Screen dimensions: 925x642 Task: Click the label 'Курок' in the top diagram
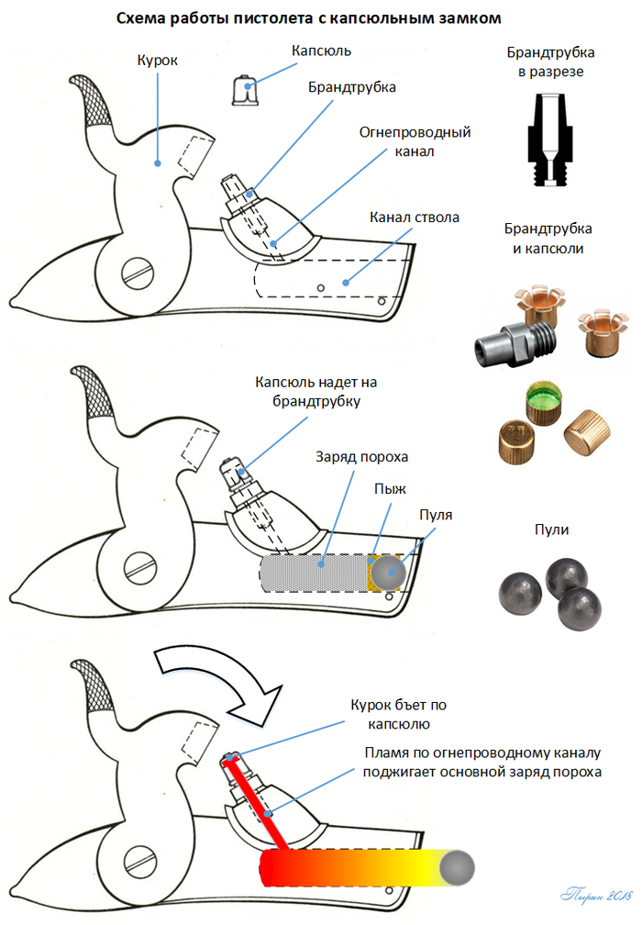click(x=158, y=60)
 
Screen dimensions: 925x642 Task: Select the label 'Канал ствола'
click(x=414, y=217)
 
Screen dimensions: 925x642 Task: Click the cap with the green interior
click(x=541, y=401)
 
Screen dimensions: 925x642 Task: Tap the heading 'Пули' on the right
click(x=552, y=529)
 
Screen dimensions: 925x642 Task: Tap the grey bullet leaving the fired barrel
click(x=456, y=866)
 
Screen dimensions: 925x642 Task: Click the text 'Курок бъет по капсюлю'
click(x=398, y=714)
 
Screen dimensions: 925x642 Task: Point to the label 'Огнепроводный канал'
click(x=415, y=141)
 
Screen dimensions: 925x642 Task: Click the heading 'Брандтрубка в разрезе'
click(x=548, y=61)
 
